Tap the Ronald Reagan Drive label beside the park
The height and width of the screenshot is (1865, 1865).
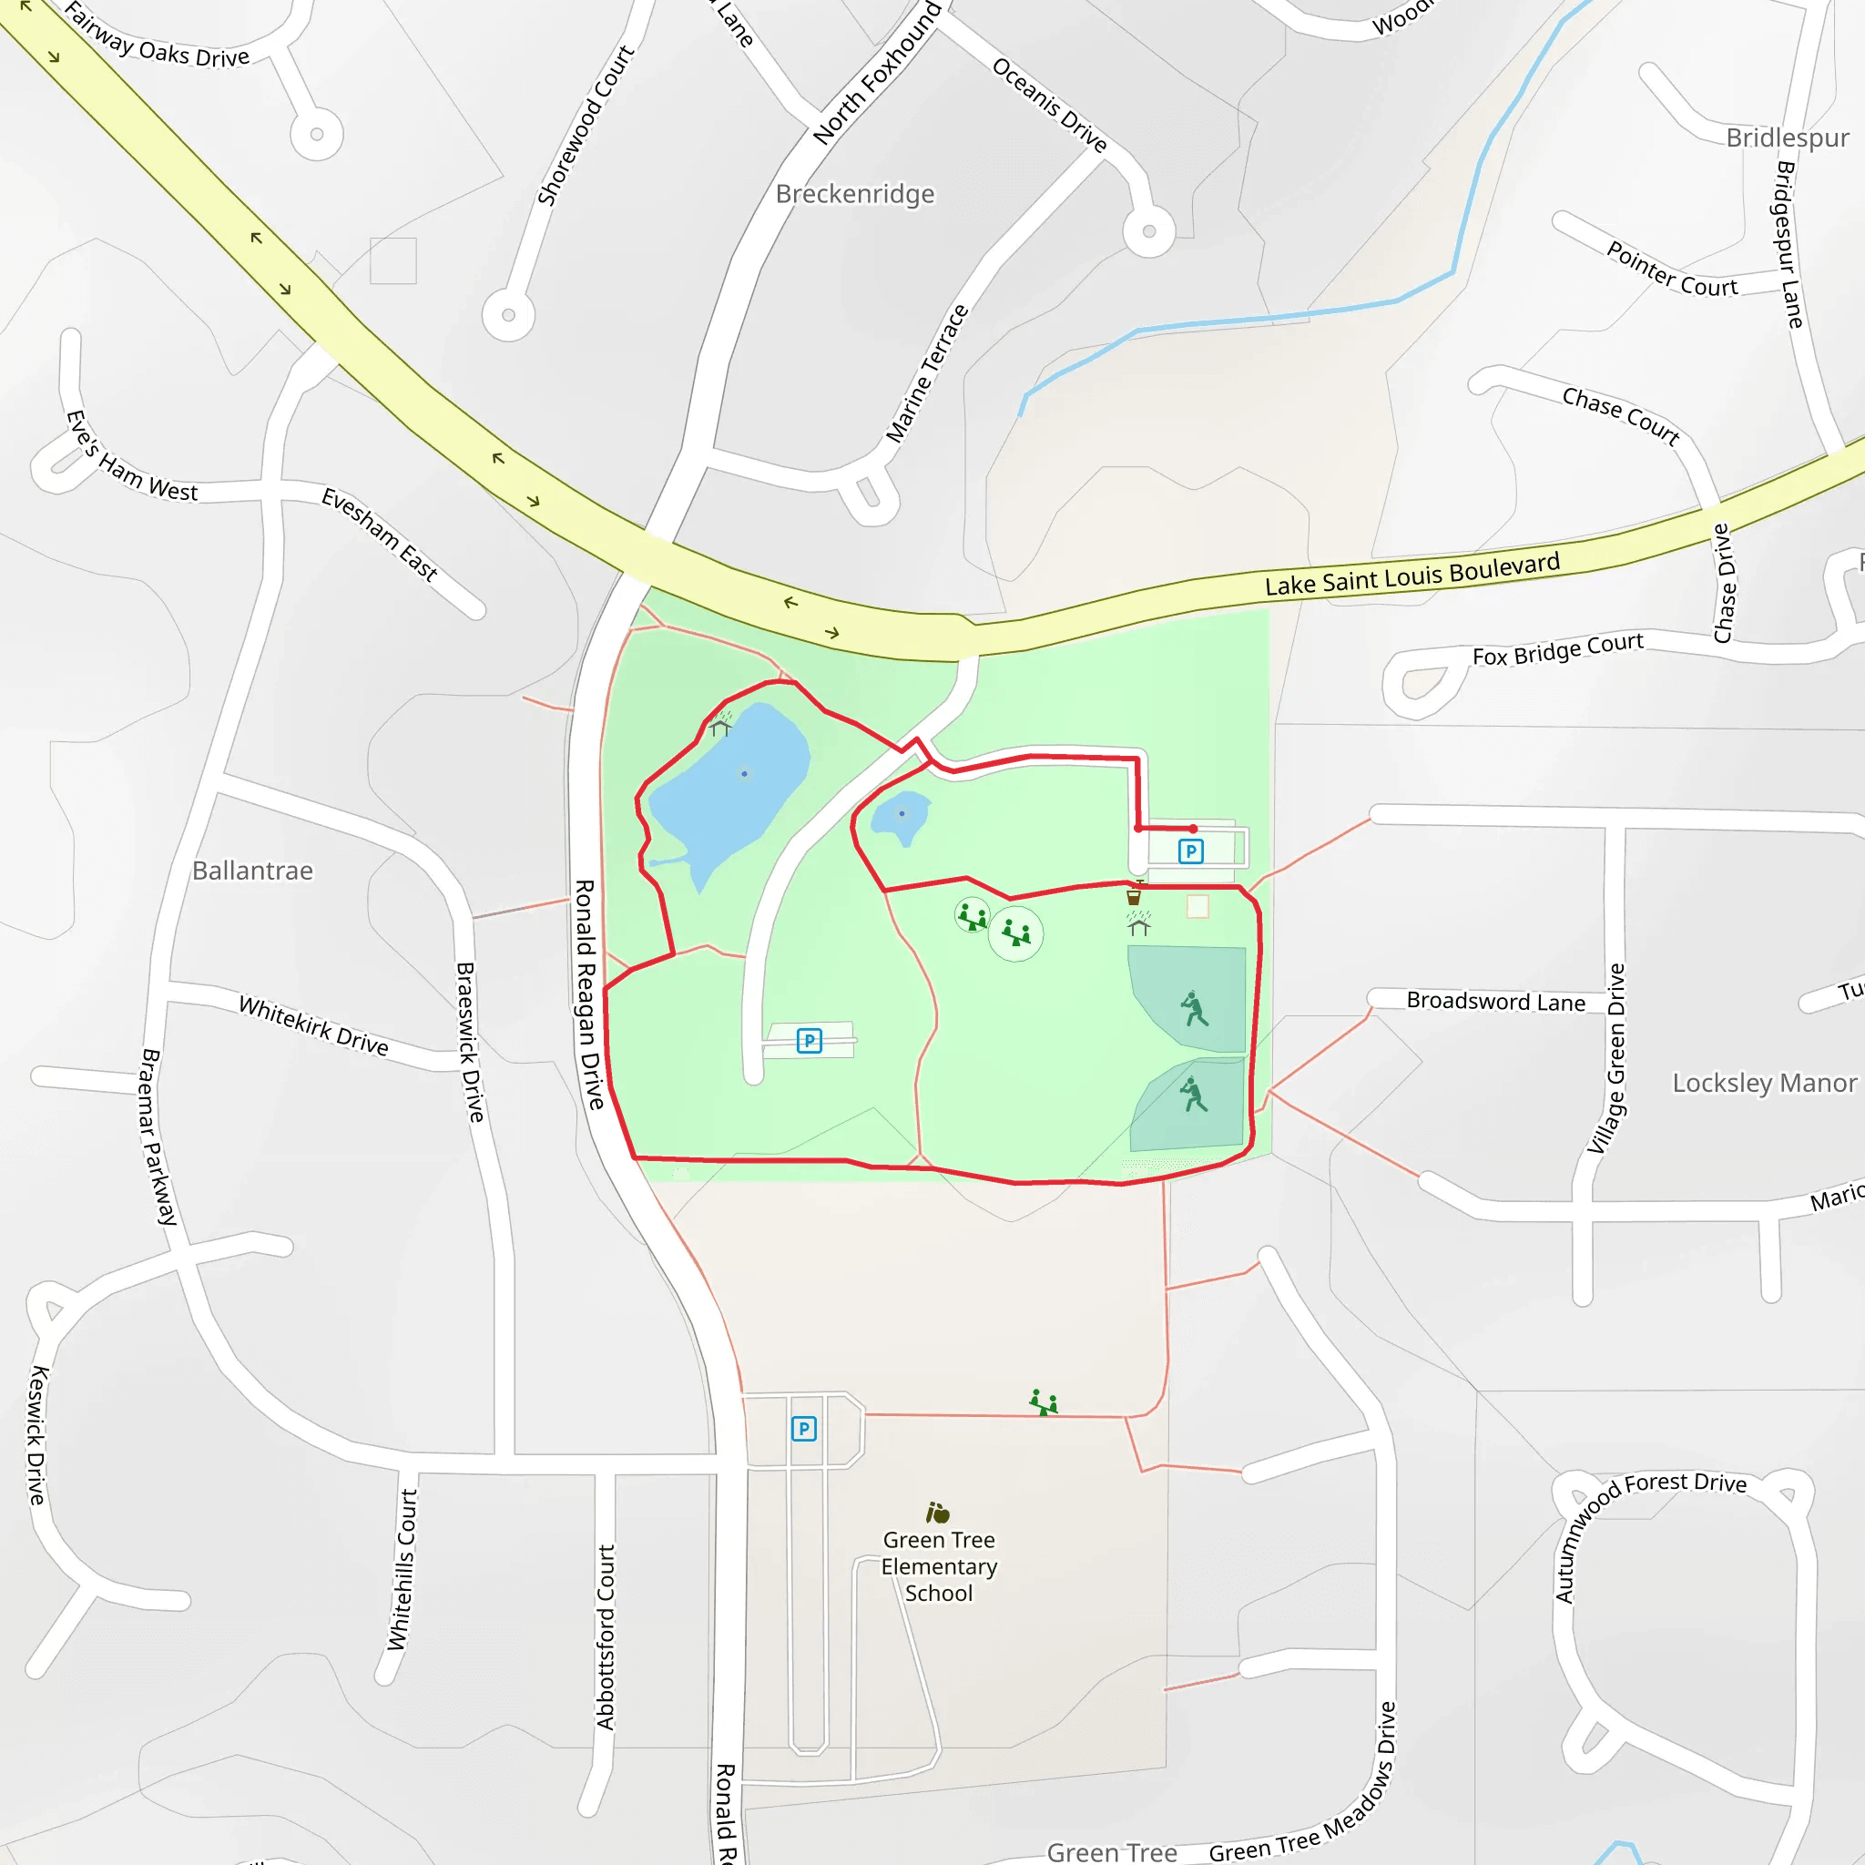(588, 994)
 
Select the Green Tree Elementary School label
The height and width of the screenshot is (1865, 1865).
(938, 1565)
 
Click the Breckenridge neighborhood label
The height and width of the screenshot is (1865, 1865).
(854, 194)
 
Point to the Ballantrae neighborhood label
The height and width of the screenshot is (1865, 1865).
(252, 871)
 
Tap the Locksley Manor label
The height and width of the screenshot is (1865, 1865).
(1764, 1083)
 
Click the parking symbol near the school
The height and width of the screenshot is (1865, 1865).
(804, 1429)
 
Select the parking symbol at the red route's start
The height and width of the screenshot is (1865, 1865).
(1190, 851)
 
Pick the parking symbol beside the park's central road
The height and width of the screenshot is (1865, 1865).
(809, 1041)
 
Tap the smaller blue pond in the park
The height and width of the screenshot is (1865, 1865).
(901, 816)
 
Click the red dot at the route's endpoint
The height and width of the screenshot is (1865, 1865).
(1194, 830)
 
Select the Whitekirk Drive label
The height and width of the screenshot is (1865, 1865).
(314, 1025)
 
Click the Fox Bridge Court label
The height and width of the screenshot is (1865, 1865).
(1557, 649)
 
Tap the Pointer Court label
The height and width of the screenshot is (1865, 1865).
(1671, 270)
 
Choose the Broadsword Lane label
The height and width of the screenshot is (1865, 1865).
(1495, 1001)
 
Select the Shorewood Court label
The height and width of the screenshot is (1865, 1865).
(585, 126)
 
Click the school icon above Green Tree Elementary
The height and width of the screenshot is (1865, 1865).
(937, 1512)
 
